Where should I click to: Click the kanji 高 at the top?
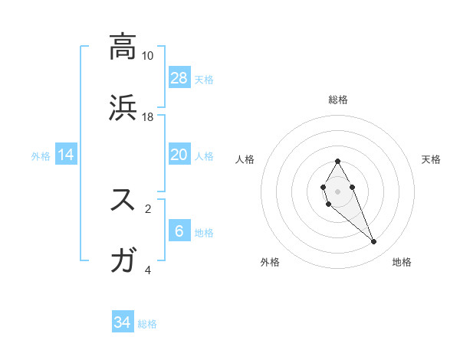tap(123, 47)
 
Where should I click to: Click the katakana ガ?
tap(123, 260)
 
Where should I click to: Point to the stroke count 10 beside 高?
tap(148, 56)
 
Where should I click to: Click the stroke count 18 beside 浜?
tap(148, 117)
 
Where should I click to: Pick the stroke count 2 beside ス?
tap(148, 208)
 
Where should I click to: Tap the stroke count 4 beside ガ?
tap(148, 270)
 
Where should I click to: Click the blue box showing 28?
tap(179, 78)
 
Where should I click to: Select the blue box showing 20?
tap(179, 155)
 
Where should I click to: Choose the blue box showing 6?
tap(179, 231)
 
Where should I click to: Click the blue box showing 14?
tap(66, 155)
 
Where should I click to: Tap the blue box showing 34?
tap(123, 323)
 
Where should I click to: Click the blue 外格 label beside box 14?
tap(41, 156)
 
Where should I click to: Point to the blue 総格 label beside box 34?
tap(147, 324)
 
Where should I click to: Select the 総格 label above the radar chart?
tap(338, 100)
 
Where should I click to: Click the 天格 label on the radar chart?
tap(431, 159)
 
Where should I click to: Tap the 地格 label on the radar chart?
tap(402, 262)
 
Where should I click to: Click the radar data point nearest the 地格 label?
tap(374, 242)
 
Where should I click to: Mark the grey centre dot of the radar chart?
tap(337, 190)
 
